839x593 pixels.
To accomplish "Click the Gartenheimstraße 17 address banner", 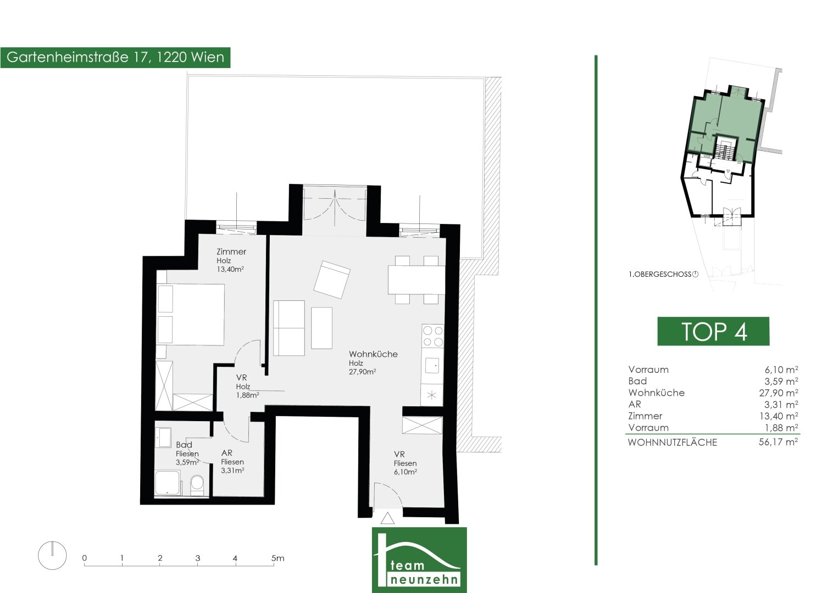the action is point(115,58).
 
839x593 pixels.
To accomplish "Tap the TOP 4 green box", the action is point(713,331).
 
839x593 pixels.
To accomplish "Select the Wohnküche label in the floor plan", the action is point(373,354).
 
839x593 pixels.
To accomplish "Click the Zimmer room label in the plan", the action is point(231,251).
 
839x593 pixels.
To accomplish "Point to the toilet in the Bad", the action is point(197,485).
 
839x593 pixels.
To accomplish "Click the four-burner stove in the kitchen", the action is point(433,336).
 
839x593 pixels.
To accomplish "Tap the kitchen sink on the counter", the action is point(432,365).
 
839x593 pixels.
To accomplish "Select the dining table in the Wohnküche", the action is point(416,279).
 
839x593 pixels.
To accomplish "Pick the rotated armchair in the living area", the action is point(332,279).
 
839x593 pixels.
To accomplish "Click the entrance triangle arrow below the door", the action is point(387,518).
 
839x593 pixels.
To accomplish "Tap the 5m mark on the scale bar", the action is point(277,558).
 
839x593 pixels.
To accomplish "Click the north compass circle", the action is point(52,556).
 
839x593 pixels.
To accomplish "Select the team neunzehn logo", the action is point(419,560).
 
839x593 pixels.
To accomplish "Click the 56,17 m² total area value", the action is point(778,442).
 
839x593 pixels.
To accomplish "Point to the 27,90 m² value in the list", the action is point(779,393).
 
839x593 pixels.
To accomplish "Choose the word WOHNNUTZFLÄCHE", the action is point(673,443).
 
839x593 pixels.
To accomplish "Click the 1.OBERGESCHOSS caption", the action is point(660,274).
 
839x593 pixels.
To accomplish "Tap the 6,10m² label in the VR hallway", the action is point(405,472).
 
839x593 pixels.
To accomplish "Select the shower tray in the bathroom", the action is point(168,484).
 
